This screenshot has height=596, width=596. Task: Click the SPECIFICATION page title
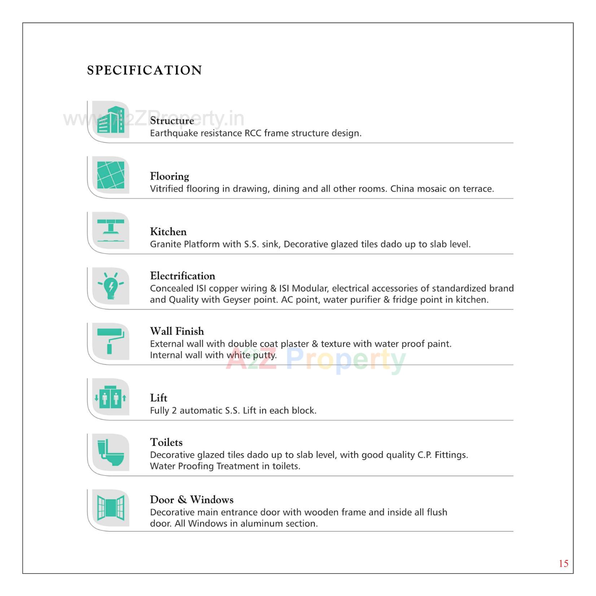[x=144, y=70]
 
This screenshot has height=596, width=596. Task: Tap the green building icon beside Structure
[x=111, y=120]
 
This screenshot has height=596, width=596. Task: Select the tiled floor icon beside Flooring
[x=111, y=175]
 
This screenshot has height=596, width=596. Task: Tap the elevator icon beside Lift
[x=111, y=397]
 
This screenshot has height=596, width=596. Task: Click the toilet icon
[x=111, y=452]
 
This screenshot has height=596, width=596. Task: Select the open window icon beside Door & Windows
[x=111, y=508]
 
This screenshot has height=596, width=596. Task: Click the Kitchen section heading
[x=168, y=232]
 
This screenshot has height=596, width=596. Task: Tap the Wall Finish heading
[x=177, y=331]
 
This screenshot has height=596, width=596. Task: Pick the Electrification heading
[x=183, y=276]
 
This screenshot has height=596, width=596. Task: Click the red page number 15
[x=563, y=564]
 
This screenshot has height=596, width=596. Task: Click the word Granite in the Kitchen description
[x=166, y=244]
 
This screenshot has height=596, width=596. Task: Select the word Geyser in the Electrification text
[x=237, y=300]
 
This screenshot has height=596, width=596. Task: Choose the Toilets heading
[x=166, y=442]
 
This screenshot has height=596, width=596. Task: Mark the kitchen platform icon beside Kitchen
[x=111, y=231]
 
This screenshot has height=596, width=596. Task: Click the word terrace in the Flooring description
[x=478, y=189]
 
